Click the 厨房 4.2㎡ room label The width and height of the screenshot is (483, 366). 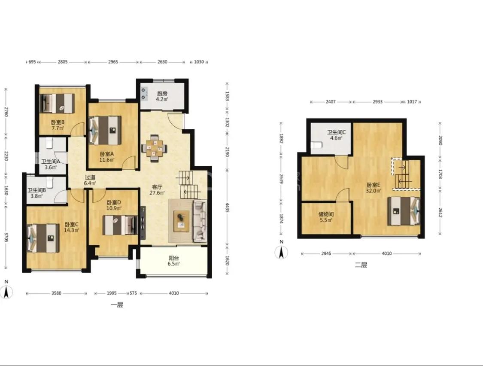[x=162, y=96]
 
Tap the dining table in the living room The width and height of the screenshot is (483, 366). [x=154, y=148]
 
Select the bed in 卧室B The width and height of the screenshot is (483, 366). [x=57, y=104]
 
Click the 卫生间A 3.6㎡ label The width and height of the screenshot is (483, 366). [x=51, y=165]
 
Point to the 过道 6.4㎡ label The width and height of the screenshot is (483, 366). [x=90, y=180]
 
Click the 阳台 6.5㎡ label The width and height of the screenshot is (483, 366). [x=174, y=261]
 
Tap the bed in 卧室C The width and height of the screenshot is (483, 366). [x=43, y=238]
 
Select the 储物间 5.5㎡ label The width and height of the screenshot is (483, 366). [x=326, y=217]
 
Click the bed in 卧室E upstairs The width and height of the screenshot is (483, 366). [x=404, y=211]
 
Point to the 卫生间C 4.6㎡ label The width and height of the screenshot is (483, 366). [x=336, y=135]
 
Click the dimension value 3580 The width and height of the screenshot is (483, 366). [x=56, y=293]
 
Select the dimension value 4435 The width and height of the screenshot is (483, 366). [x=227, y=207]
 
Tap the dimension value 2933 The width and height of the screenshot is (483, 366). [x=377, y=101]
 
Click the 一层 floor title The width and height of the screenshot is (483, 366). [x=117, y=305]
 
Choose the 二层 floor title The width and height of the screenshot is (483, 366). [x=361, y=265]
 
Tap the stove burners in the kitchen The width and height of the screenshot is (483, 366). [x=143, y=94]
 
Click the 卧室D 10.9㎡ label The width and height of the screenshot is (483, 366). [x=114, y=205]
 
